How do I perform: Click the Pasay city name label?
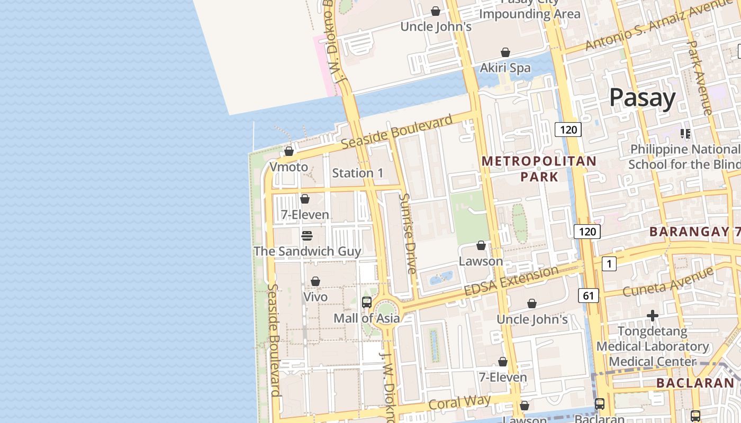[642, 98]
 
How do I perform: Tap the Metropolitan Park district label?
[539, 169]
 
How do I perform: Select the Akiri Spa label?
[505, 68]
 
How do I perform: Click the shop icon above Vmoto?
[289, 152]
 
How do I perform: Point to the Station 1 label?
[358, 173]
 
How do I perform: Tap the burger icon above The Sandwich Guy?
[307, 235]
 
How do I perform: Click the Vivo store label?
[315, 297]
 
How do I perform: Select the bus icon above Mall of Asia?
[366, 302]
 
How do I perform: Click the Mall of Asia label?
[366, 318]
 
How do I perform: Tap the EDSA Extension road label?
[511, 282]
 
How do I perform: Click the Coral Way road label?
[459, 402]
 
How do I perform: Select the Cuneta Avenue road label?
[667, 282]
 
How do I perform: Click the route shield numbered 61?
[589, 296]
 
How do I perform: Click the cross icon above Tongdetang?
[653, 316]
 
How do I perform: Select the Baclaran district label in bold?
[695, 383]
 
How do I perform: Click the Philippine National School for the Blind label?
[685, 157]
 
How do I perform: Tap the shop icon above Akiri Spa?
[505, 52]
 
